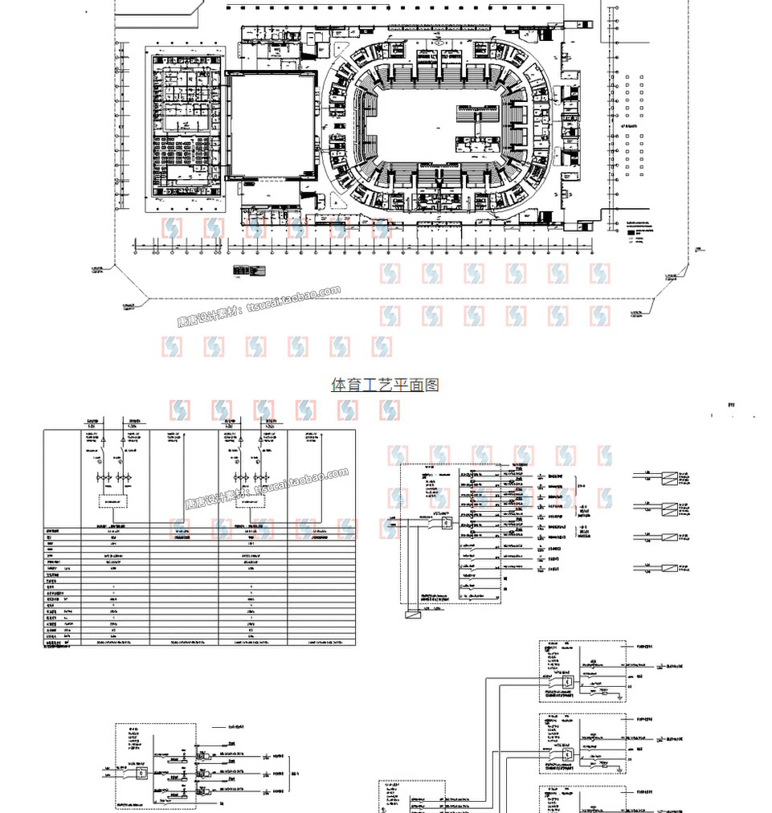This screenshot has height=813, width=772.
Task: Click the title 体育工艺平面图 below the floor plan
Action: pos(386,385)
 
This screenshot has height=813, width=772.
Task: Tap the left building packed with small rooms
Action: pos(185,129)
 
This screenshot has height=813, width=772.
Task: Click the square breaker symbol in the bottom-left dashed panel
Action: pos(141,774)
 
